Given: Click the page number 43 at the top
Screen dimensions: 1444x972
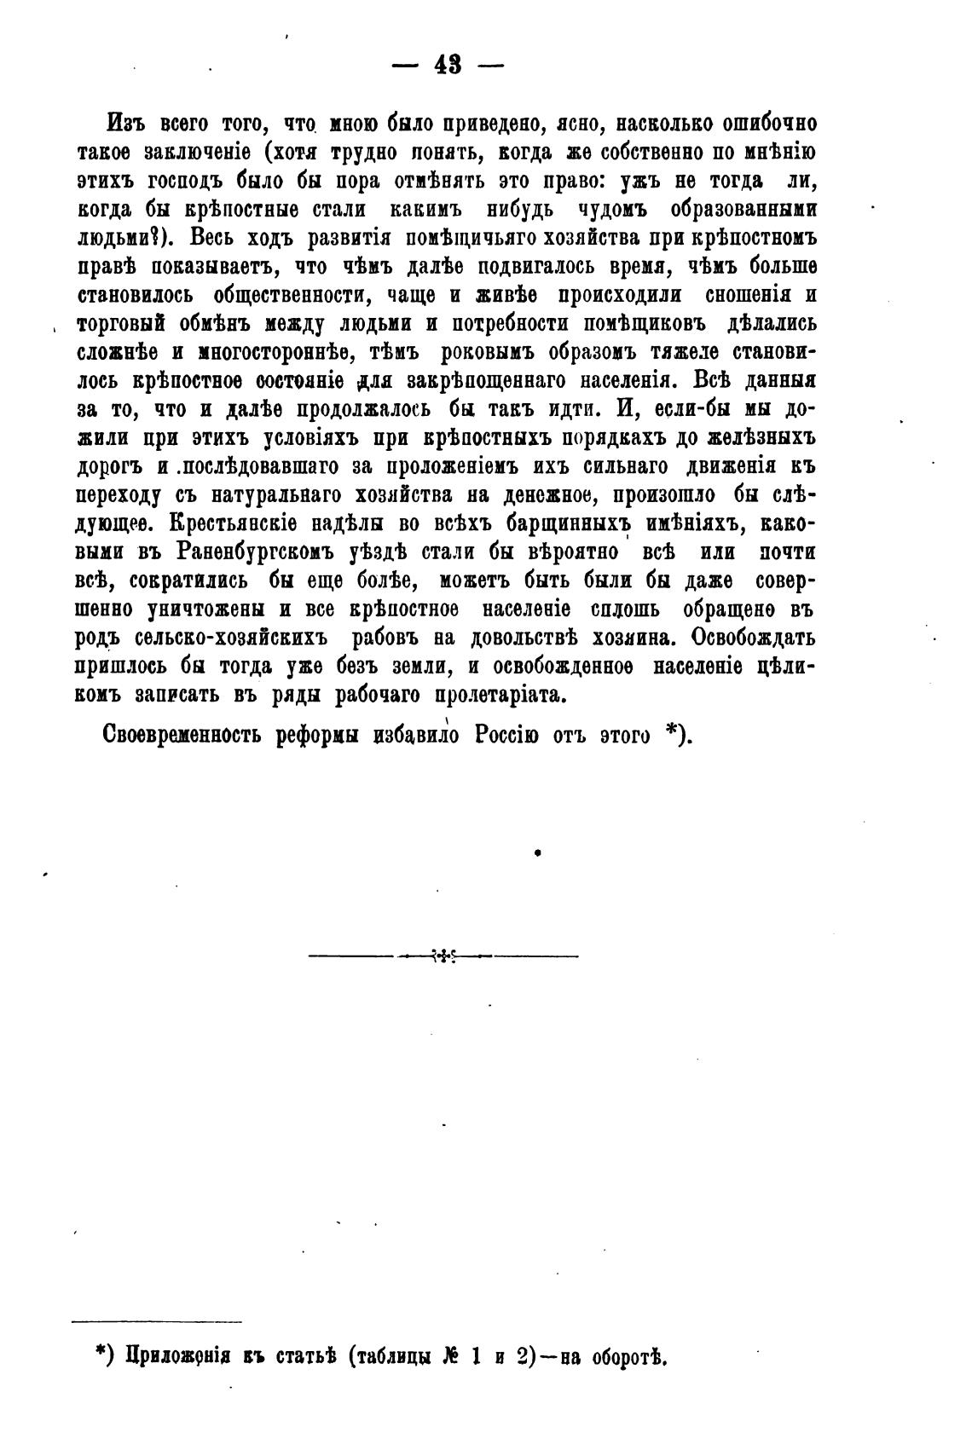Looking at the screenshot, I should [x=447, y=65].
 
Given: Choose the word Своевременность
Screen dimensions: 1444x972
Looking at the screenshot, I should [x=182, y=735].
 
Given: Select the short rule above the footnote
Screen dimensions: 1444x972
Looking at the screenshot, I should [x=157, y=1322].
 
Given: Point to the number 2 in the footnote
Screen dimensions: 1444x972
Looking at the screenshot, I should [x=523, y=1355].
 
